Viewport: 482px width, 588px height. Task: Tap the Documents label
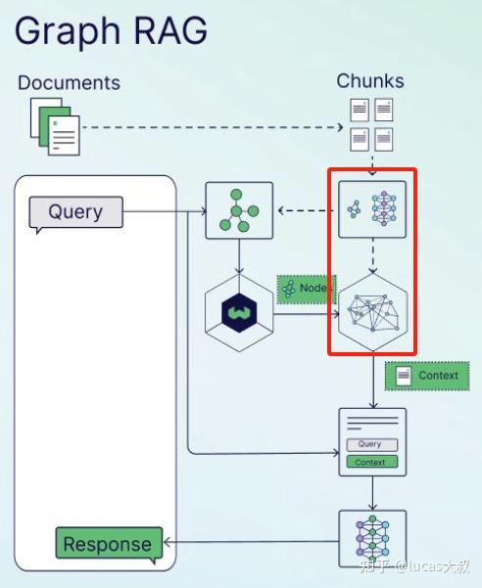(x=70, y=82)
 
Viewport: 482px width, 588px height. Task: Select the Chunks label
(x=370, y=81)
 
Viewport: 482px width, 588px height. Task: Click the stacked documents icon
(x=55, y=126)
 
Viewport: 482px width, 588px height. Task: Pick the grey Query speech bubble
(x=75, y=213)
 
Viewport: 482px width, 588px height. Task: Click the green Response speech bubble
(x=109, y=544)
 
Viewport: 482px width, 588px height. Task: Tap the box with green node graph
(x=239, y=210)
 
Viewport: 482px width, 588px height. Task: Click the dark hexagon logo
(x=239, y=313)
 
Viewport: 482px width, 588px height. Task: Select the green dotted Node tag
(x=307, y=289)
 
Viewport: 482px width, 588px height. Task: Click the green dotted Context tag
(x=427, y=376)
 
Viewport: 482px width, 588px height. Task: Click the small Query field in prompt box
(x=372, y=444)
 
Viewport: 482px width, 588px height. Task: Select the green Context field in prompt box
(x=372, y=462)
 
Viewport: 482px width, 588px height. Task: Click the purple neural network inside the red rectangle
(x=384, y=208)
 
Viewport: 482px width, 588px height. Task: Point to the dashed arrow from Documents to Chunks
(x=213, y=127)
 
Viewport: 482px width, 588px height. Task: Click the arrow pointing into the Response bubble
(x=252, y=542)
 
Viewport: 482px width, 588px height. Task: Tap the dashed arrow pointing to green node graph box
(x=306, y=210)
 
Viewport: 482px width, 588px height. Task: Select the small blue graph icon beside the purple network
(x=354, y=209)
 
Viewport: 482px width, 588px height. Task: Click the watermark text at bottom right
(x=414, y=566)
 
